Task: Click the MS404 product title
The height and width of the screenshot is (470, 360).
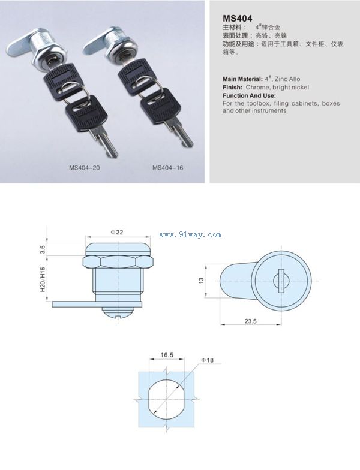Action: [238, 18]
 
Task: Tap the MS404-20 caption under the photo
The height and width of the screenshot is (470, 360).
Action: [84, 168]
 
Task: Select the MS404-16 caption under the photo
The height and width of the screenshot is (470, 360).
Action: [168, 168]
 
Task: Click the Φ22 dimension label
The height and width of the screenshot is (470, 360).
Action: [116, 233]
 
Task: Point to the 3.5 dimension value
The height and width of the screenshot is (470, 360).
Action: [43, 249]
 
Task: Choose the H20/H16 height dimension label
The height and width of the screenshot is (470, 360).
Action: [43, 279]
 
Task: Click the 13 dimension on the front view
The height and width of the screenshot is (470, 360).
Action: [202, 281]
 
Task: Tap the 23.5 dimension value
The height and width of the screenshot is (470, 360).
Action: [251, 321]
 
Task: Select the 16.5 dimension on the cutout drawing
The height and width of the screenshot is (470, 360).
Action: [167, 355]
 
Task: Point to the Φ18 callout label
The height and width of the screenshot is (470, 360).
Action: [208, 360]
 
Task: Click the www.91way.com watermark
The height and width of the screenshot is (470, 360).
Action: [191, 235]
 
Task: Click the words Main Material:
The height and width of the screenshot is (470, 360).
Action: [242, 79]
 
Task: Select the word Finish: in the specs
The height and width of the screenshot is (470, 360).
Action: [233, 88]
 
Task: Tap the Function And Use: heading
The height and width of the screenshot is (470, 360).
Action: [250, 95]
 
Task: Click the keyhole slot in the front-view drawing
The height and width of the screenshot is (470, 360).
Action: [281, 281]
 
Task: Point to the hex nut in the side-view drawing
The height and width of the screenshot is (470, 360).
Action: [118, 261]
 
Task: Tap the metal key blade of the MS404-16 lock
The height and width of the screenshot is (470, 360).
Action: [181, 134]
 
